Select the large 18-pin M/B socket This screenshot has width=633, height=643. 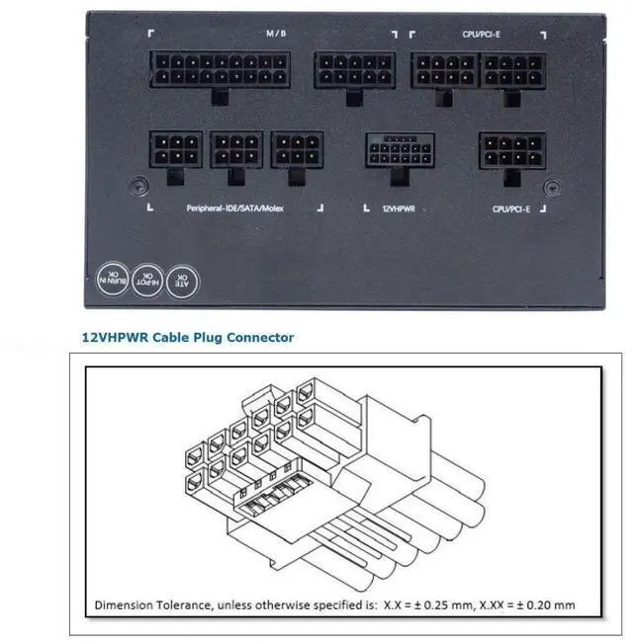pos(222,71)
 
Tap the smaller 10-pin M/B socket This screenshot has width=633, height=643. pos(348,70)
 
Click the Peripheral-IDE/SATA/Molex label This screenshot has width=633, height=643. pos(234,209)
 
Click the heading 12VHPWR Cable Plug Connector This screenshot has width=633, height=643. pos(187,337)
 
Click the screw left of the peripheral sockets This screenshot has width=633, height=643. pos(139,184)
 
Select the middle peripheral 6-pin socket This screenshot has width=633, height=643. pos(236,151)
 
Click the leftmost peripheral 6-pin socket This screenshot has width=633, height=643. pos(176,151)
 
